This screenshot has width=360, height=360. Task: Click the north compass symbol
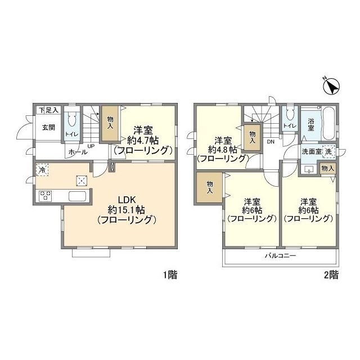[331, 87]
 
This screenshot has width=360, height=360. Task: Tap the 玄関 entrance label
[49, 128]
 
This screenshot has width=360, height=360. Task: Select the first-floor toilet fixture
[71, 119]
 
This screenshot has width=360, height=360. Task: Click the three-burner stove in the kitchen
[45, 196]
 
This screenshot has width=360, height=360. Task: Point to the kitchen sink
[78, 196]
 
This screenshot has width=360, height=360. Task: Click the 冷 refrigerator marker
[42, 170]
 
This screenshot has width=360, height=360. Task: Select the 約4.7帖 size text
[143, 140]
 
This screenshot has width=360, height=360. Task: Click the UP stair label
[91, 146]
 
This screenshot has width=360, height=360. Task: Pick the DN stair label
[271, 142]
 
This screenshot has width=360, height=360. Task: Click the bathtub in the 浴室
[329, 124]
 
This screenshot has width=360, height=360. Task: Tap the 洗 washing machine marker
[328, 151]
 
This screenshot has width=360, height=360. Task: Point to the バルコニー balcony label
[280, 255]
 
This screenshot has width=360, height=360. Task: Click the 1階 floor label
[170, 275]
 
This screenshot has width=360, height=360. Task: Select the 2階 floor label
[331, 275]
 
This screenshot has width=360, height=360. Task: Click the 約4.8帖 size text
[223, 150]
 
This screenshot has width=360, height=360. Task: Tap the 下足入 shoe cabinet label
[49, 110]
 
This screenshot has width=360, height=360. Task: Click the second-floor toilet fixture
[290, 114]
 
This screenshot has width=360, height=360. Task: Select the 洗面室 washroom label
[311, 151]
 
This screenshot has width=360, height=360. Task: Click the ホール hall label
[78, 152]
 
